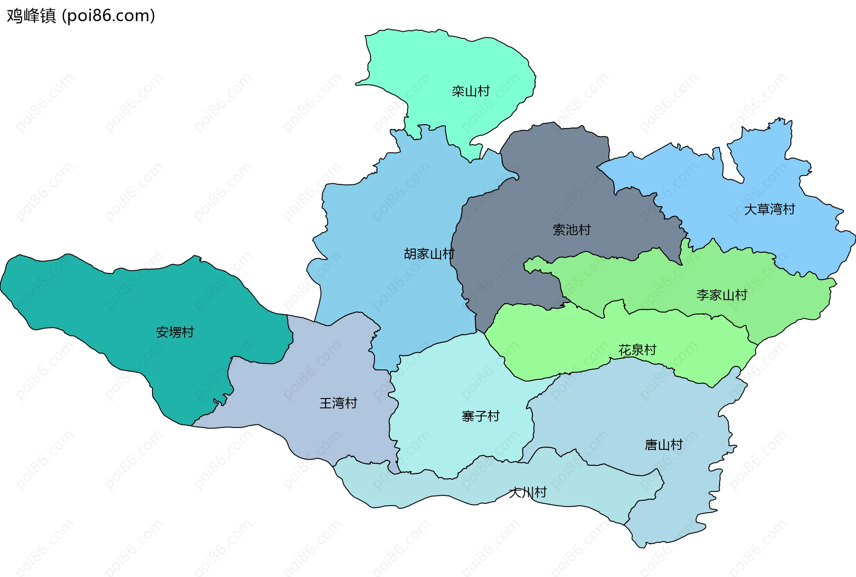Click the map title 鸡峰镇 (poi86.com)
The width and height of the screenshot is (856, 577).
coord(81,16)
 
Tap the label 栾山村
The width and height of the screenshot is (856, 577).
coord(470,91)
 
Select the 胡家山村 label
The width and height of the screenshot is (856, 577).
coord(429,254)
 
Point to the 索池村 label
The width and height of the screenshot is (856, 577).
coord(572,230)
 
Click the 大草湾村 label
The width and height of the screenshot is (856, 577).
coord(770,209)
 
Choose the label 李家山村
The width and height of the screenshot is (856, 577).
coord(721,295)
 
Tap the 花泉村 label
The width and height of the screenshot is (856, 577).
coord(637,350)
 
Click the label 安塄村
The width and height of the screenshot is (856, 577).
coord(175,332)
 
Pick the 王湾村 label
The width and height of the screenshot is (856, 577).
coord(338,403)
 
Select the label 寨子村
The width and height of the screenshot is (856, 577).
coord(481,416)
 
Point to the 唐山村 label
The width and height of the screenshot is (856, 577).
coord(663,445)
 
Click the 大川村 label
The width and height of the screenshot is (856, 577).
coord(528,493)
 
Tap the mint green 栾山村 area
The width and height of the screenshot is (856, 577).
coord(446,58)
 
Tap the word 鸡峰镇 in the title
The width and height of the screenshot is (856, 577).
coord(31,16)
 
